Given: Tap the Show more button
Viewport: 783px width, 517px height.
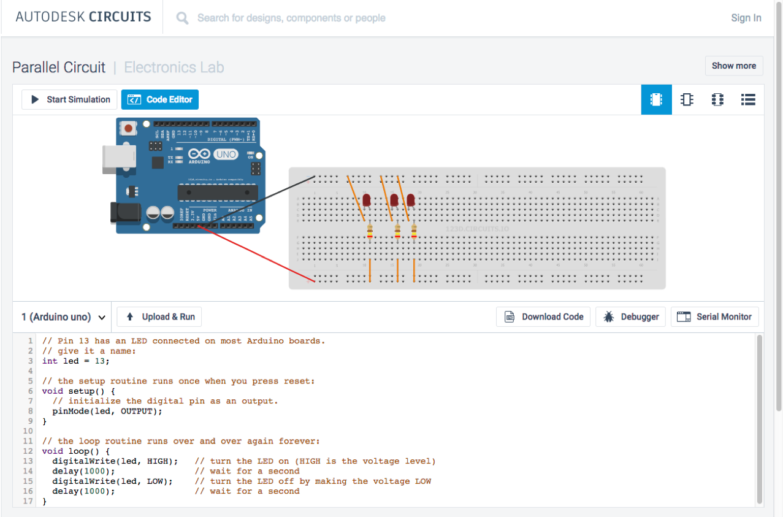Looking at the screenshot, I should (733, 66).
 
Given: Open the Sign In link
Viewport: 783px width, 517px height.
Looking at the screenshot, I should (746, 18).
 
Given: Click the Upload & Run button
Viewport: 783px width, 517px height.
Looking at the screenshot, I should (159, 316).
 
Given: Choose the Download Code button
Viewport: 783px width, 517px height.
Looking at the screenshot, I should (543, 316).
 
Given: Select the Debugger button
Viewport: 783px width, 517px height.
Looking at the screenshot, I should (630, 316).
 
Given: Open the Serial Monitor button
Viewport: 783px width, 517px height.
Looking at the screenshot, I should (714, 316).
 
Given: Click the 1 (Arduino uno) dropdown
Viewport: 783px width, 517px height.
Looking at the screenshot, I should (63, 317).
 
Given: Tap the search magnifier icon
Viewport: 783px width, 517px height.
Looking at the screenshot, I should (182, 18).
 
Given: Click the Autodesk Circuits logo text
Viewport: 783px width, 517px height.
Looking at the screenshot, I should (83, 17).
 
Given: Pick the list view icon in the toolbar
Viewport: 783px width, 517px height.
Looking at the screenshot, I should (748, 99).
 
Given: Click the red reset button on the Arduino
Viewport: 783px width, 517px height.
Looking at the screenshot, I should (129, 128).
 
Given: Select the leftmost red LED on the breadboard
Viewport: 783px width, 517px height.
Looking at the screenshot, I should (367, 200).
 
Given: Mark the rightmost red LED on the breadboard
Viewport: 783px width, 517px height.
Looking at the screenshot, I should (411, 200).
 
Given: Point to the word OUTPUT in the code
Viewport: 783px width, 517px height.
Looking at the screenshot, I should (139, 411).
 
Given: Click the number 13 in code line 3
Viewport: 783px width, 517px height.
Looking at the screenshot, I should (99, 361).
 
